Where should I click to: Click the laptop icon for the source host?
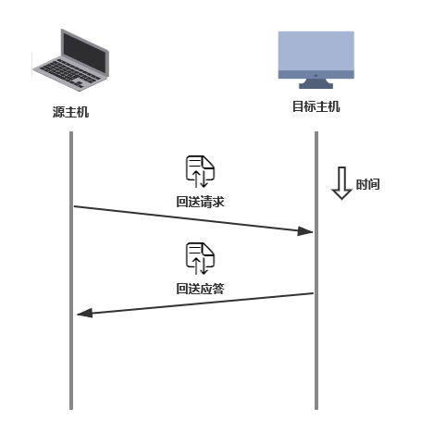click(71, 60)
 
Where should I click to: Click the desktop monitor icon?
click(316, 60)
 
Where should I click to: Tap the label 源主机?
click(70, 112)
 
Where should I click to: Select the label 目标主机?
click(316, 106)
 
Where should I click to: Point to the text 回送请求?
click(200, 202)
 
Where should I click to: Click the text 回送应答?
click(200, 289)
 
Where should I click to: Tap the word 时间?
click(367, 184)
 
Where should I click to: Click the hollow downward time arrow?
click(341, 183)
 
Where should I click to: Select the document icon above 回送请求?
click(200, 171)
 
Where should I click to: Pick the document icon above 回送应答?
click(200, 258)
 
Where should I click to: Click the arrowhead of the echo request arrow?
click(305, 231)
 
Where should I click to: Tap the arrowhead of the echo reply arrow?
click(85, 313)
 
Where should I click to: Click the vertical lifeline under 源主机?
click(71, 270)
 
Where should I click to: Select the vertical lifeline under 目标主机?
click(316, 270)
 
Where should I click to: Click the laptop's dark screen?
click(85, 53)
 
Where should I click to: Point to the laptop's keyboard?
click(69, 73)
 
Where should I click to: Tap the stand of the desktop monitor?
click(316, 83)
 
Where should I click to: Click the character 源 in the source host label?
click(58, 112)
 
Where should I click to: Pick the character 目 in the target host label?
click(298, 106)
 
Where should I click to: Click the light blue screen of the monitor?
click(316, 51)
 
